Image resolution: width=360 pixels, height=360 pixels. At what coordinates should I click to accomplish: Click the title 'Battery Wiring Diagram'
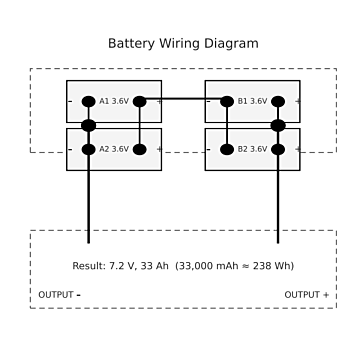point(183,44)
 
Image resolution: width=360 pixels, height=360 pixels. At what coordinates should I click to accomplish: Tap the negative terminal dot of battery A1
point(88,101)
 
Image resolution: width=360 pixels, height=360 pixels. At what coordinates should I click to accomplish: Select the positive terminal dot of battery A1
point(140,101)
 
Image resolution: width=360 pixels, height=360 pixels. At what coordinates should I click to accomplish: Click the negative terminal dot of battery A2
point(88,149)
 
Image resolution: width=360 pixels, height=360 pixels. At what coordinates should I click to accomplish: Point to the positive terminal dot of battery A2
point(140,149)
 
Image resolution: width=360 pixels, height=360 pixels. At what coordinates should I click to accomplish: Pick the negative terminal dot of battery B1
point(226,101)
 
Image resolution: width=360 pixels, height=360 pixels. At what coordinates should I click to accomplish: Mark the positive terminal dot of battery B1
point(278,101)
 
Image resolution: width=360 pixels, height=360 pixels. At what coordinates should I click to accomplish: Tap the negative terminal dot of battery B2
point(226,149)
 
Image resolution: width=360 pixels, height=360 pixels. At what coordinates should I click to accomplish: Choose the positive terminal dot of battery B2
point(278,149)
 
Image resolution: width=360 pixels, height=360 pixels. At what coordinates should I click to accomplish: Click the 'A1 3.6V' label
point(114,101)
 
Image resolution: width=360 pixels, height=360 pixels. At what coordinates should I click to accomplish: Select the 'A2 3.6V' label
point(114,149)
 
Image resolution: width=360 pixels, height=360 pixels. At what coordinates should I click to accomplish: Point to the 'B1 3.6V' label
point(252,101)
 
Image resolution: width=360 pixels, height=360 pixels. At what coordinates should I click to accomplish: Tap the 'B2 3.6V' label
point(252,149)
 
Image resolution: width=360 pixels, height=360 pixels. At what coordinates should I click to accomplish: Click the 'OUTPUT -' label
point(59,295)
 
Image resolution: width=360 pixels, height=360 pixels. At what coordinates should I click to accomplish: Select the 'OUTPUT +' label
point(307,295)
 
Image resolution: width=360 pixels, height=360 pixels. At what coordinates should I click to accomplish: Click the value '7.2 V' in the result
point(121,266)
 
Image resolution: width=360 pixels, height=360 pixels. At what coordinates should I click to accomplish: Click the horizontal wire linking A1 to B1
point(183,99)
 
